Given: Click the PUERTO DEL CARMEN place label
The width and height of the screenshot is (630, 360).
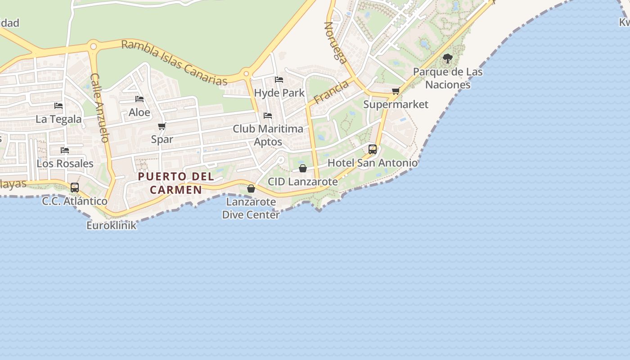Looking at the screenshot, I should (176, 183).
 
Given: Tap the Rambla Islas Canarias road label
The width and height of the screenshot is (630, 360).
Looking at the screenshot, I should (175, 62).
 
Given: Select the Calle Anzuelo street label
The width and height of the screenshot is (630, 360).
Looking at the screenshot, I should (100, 108).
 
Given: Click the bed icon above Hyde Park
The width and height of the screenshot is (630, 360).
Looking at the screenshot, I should (279, 80).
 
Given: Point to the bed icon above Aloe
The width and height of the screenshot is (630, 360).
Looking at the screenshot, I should (139, 99).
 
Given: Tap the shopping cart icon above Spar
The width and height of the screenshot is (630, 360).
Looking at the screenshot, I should (162, 126).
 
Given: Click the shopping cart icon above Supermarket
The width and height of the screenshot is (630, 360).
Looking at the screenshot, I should (396, 91).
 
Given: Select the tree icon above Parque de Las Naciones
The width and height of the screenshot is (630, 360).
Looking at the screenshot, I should (447, 58).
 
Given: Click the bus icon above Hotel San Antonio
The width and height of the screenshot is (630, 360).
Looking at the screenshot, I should (373, 149).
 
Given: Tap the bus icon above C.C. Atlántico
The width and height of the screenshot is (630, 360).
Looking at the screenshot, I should (75, 187).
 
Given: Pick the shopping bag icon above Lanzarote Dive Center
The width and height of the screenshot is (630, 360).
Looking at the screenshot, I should (251, 189).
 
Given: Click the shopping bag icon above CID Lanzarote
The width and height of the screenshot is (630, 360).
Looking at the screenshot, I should (303, 168).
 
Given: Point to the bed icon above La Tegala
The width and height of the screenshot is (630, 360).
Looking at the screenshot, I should (58, 106).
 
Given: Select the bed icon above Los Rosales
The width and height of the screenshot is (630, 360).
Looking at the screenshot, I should (65, 150).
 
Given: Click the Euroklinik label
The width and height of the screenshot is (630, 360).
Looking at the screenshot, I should (111, 225).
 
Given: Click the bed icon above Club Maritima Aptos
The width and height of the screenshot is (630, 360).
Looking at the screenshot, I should (268, 116).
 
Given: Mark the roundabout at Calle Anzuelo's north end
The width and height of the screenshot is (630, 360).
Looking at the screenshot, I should (93, 46).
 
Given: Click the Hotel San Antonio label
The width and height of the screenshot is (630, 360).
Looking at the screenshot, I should (373, 162).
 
